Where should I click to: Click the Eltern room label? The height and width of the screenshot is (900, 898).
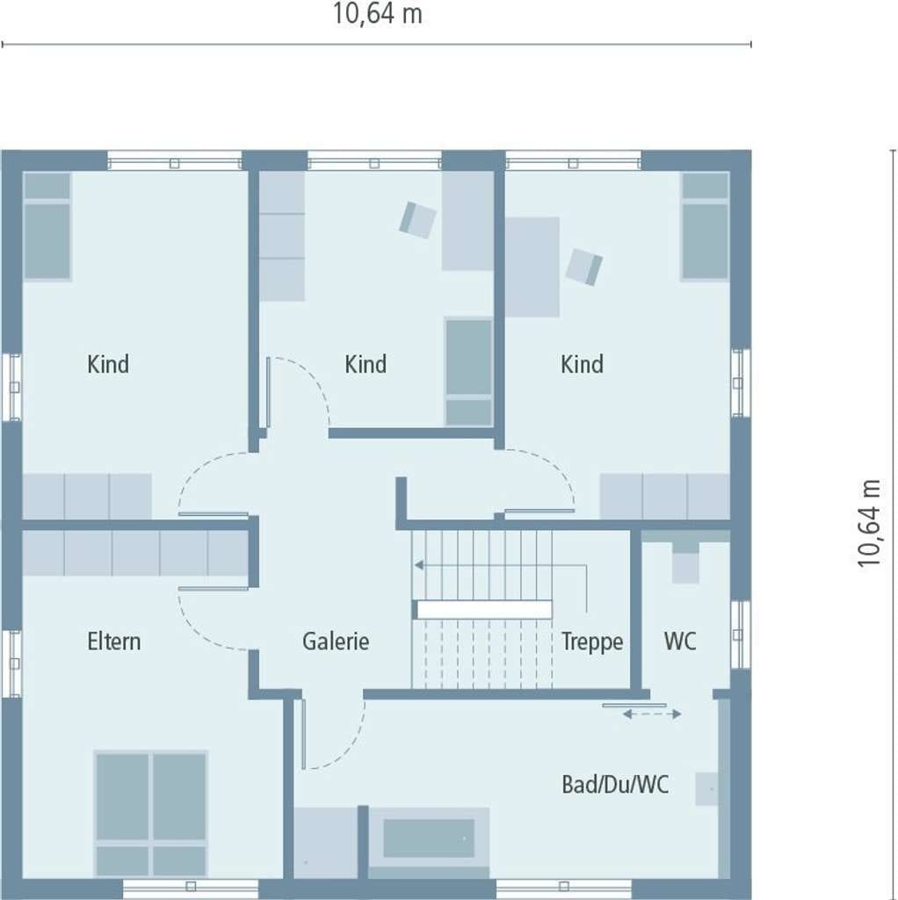113,641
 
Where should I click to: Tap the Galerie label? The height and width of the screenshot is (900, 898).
336,641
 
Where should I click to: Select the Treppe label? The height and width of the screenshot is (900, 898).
592,642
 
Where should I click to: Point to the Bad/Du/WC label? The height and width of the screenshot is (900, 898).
615,785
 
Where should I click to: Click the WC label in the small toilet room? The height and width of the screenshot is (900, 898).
680,641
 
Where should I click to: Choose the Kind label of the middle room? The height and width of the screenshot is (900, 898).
366,364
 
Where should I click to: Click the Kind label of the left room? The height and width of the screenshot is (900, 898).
108,364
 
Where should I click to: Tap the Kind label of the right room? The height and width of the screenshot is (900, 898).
582,364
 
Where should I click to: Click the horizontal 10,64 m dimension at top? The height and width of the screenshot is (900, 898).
378,14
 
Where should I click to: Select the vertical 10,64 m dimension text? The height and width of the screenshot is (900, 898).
869,524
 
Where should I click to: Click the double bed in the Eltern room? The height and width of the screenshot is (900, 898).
151,814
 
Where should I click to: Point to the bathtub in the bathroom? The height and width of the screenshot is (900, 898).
429,838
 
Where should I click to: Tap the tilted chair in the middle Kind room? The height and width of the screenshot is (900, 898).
417,220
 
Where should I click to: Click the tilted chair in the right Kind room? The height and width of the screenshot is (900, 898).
584,267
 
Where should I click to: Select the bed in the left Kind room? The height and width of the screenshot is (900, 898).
47,227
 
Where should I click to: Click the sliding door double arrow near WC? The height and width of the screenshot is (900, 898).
652,714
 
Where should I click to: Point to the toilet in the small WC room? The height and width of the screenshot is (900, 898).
685,562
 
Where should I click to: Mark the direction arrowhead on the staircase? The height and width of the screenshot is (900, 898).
419,565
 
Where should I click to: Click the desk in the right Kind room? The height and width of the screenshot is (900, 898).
532,267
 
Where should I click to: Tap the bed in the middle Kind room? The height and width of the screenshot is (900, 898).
469,372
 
